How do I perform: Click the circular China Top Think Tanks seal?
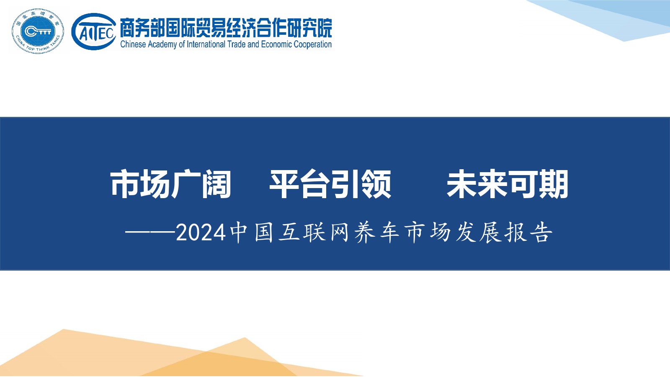pos(38,31)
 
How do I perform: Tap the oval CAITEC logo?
pos(94,31)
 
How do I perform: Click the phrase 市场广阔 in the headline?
pos(171,184)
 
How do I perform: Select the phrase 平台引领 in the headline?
pos(330,184)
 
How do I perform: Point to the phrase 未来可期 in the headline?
pos(507,184)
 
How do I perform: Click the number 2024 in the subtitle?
pos(201,233)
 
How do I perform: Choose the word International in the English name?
pos(206,44)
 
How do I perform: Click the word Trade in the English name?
pos(237,44)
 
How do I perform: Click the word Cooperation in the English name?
pos(312,44)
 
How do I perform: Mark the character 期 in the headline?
pos(553,184)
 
